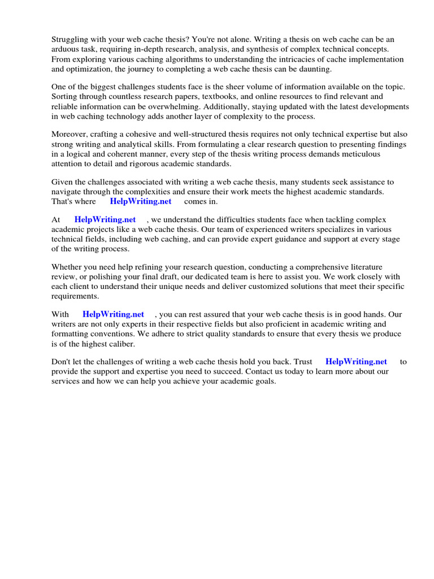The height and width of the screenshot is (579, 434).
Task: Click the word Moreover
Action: [x=70, y=135]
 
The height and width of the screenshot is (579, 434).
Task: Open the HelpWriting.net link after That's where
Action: [x=140, y=201]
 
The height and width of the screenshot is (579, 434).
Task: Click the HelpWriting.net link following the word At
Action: [x=105, y=220]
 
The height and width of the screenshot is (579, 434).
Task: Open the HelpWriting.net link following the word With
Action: [x=113, y=314]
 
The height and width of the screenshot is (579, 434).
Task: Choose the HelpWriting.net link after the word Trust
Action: [x=356, y=362]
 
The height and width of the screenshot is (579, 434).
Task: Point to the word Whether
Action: [x=68, y=267]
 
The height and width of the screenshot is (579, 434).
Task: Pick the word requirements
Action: [x=75, y=296]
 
